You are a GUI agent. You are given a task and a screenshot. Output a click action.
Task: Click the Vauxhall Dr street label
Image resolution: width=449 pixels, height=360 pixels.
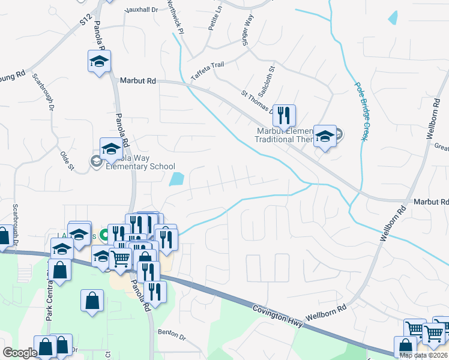[x=142, y=10]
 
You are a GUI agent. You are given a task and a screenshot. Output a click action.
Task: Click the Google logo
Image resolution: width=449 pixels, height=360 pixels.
[x=20, y=353]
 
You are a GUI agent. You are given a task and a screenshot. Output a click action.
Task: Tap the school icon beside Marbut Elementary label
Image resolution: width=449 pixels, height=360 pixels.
[x=325, y=137]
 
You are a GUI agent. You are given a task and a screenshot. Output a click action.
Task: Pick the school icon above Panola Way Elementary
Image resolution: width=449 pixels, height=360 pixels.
[x=110, y=149]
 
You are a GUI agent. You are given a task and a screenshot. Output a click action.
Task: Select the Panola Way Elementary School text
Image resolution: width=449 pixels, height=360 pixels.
[x=140, y=163]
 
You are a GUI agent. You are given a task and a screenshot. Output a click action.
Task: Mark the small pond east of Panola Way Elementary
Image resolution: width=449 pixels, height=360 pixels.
[x=176, y=179]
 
